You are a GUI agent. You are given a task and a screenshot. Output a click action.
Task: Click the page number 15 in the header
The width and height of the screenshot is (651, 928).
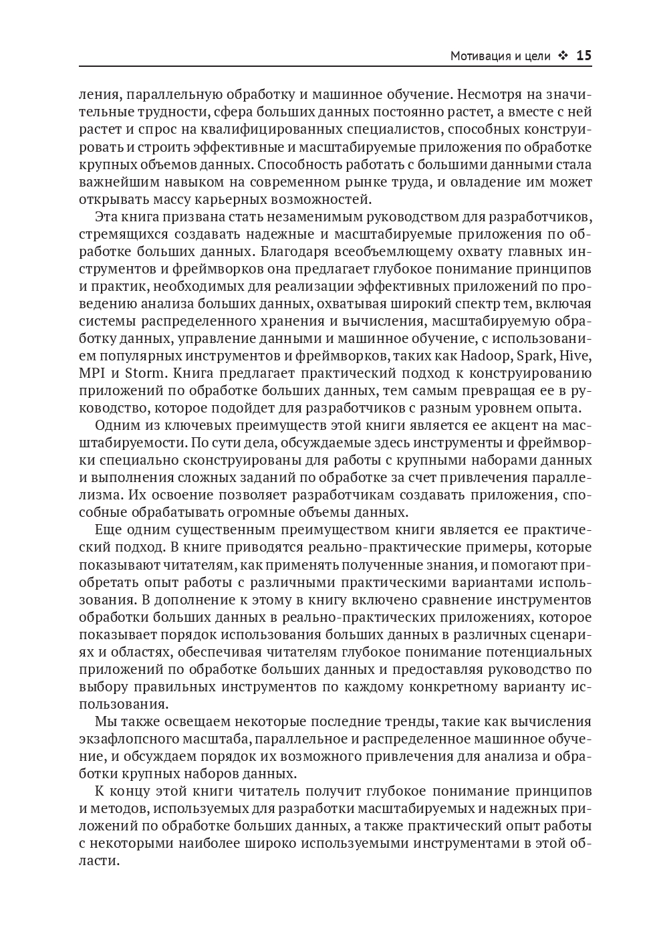coord(583,55)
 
